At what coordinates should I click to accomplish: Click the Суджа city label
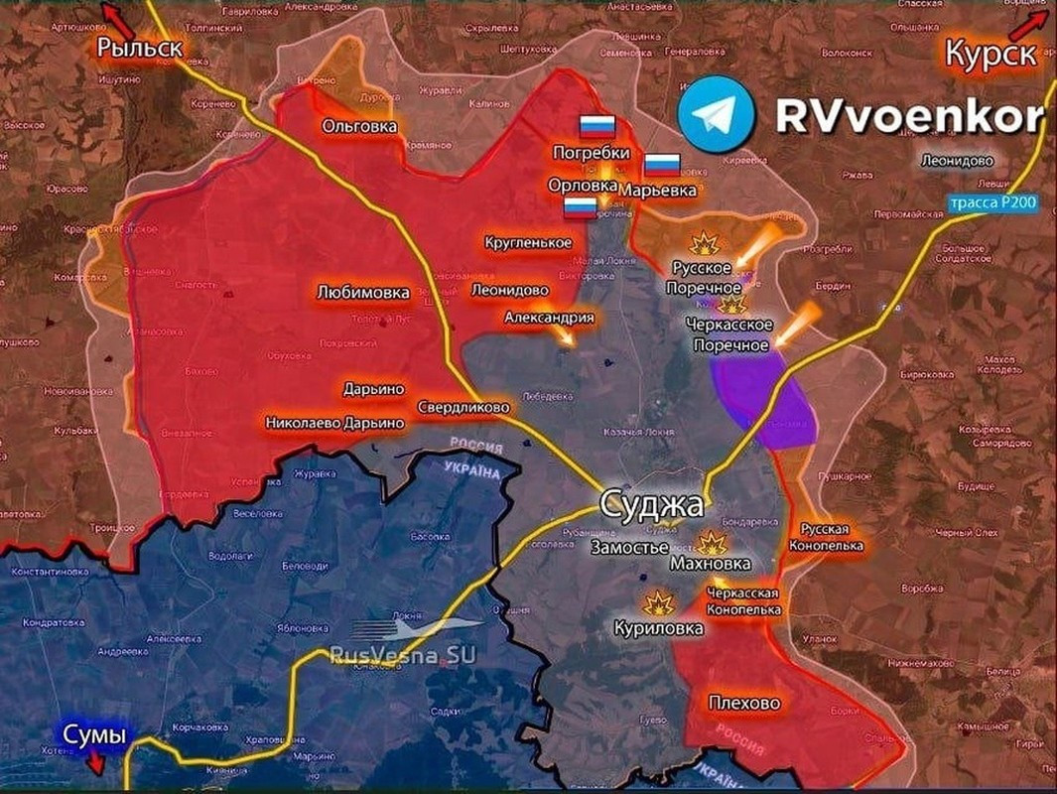651,505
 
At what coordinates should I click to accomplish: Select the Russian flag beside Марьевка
662,165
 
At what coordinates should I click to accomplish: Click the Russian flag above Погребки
597,125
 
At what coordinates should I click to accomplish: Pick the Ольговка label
359,126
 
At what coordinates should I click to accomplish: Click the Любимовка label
362,294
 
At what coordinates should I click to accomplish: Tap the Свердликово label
463,407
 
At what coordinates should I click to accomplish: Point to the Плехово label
744,704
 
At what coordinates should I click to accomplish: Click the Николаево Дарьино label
335,423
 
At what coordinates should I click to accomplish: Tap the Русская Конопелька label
825,536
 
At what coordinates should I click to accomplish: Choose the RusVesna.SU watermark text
402,654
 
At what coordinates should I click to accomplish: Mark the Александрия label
549,318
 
